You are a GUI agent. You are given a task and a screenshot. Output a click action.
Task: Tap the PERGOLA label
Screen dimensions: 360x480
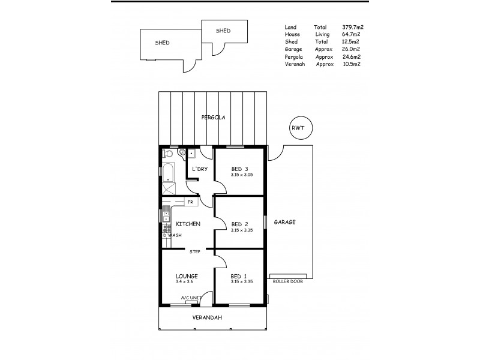tap(213, 118)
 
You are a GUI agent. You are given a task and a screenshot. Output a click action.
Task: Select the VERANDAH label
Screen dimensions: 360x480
tap(204, 317)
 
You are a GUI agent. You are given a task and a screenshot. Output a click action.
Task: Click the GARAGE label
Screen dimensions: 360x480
tap(284, 222)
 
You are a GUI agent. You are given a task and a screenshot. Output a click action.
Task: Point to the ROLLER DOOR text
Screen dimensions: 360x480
tap(287, 281)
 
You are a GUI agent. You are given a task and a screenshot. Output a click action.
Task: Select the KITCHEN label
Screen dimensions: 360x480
tap(188, 224)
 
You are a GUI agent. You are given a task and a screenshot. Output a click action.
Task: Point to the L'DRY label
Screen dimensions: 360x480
tap(200, 169)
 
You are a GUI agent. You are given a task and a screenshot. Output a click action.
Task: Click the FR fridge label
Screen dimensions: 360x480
tap(190, 202)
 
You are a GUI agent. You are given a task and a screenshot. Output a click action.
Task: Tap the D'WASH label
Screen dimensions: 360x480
tap(172, 235)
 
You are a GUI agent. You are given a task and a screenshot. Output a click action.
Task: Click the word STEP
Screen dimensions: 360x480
tap(195, 252)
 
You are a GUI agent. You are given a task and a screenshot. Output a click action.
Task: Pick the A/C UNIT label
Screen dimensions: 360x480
tap(190, 297)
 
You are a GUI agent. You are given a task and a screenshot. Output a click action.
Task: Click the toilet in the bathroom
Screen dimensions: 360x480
tap(181, 154)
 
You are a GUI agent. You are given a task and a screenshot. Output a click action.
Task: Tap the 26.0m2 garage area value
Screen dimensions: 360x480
tap(351, 50)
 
